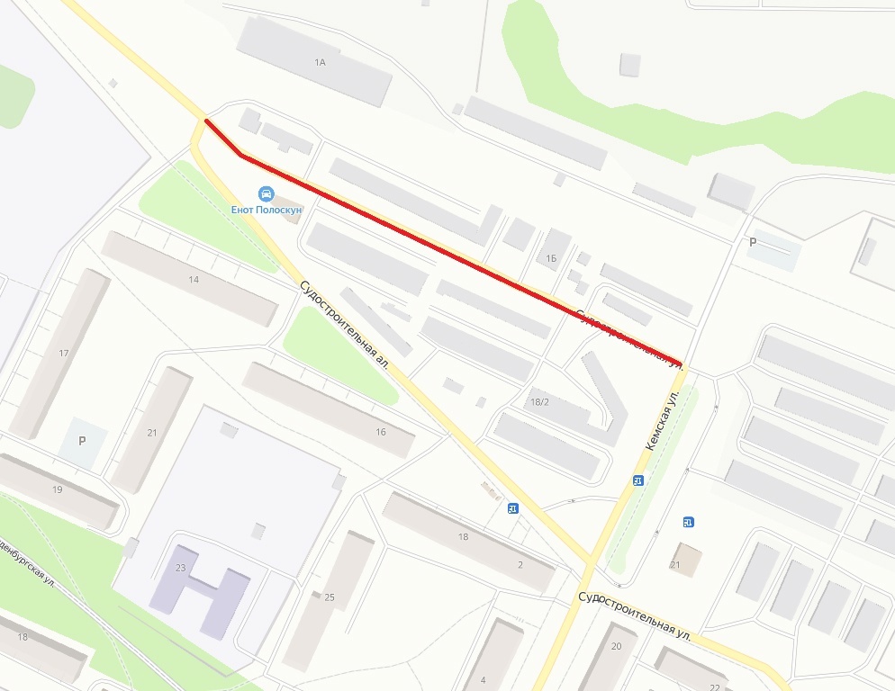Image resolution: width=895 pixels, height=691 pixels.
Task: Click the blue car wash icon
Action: pyautogui.click(x=266, y=193)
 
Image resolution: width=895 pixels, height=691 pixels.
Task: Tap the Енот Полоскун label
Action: pyautogui.click(x=266, y=210)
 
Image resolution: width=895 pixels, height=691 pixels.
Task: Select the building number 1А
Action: pyautogui.click(x=319, y=63)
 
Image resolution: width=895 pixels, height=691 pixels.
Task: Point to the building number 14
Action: pyautogui.click(x=194, y=280)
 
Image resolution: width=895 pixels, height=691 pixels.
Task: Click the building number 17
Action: pyautogui.click(x=63, y=353)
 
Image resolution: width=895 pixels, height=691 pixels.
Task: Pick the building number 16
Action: pyautogui.click(x=381, y=432)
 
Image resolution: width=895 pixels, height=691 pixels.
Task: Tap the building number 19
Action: pyautogui.click(x=58, y=489)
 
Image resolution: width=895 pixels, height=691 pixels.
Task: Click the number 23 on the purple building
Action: pyautogui.click(x=180, y=567)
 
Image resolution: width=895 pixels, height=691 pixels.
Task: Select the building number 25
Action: pyautogui.click(x=330, y=597)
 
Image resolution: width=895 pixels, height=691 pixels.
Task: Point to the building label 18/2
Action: pyautogui.click(x=540, y=402)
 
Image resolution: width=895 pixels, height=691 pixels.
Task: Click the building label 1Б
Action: pyautogui.click(x=551, y=257)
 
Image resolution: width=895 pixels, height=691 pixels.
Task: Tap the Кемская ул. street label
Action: pyautogui.click(x=661, y=420)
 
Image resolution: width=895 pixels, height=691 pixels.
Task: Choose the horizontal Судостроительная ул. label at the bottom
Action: pyautogui.click(x=634, y=615)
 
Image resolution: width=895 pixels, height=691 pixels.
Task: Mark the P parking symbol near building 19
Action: pyautogui.click(x=82, y=441)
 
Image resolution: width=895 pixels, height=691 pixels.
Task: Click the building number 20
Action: pyautogui.click(x=617, y=646)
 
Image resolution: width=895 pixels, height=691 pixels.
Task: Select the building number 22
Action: pyautogui.click(x=714, y=687)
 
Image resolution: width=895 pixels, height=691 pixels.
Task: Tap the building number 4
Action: pyautogui.click(x=483, y=678)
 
